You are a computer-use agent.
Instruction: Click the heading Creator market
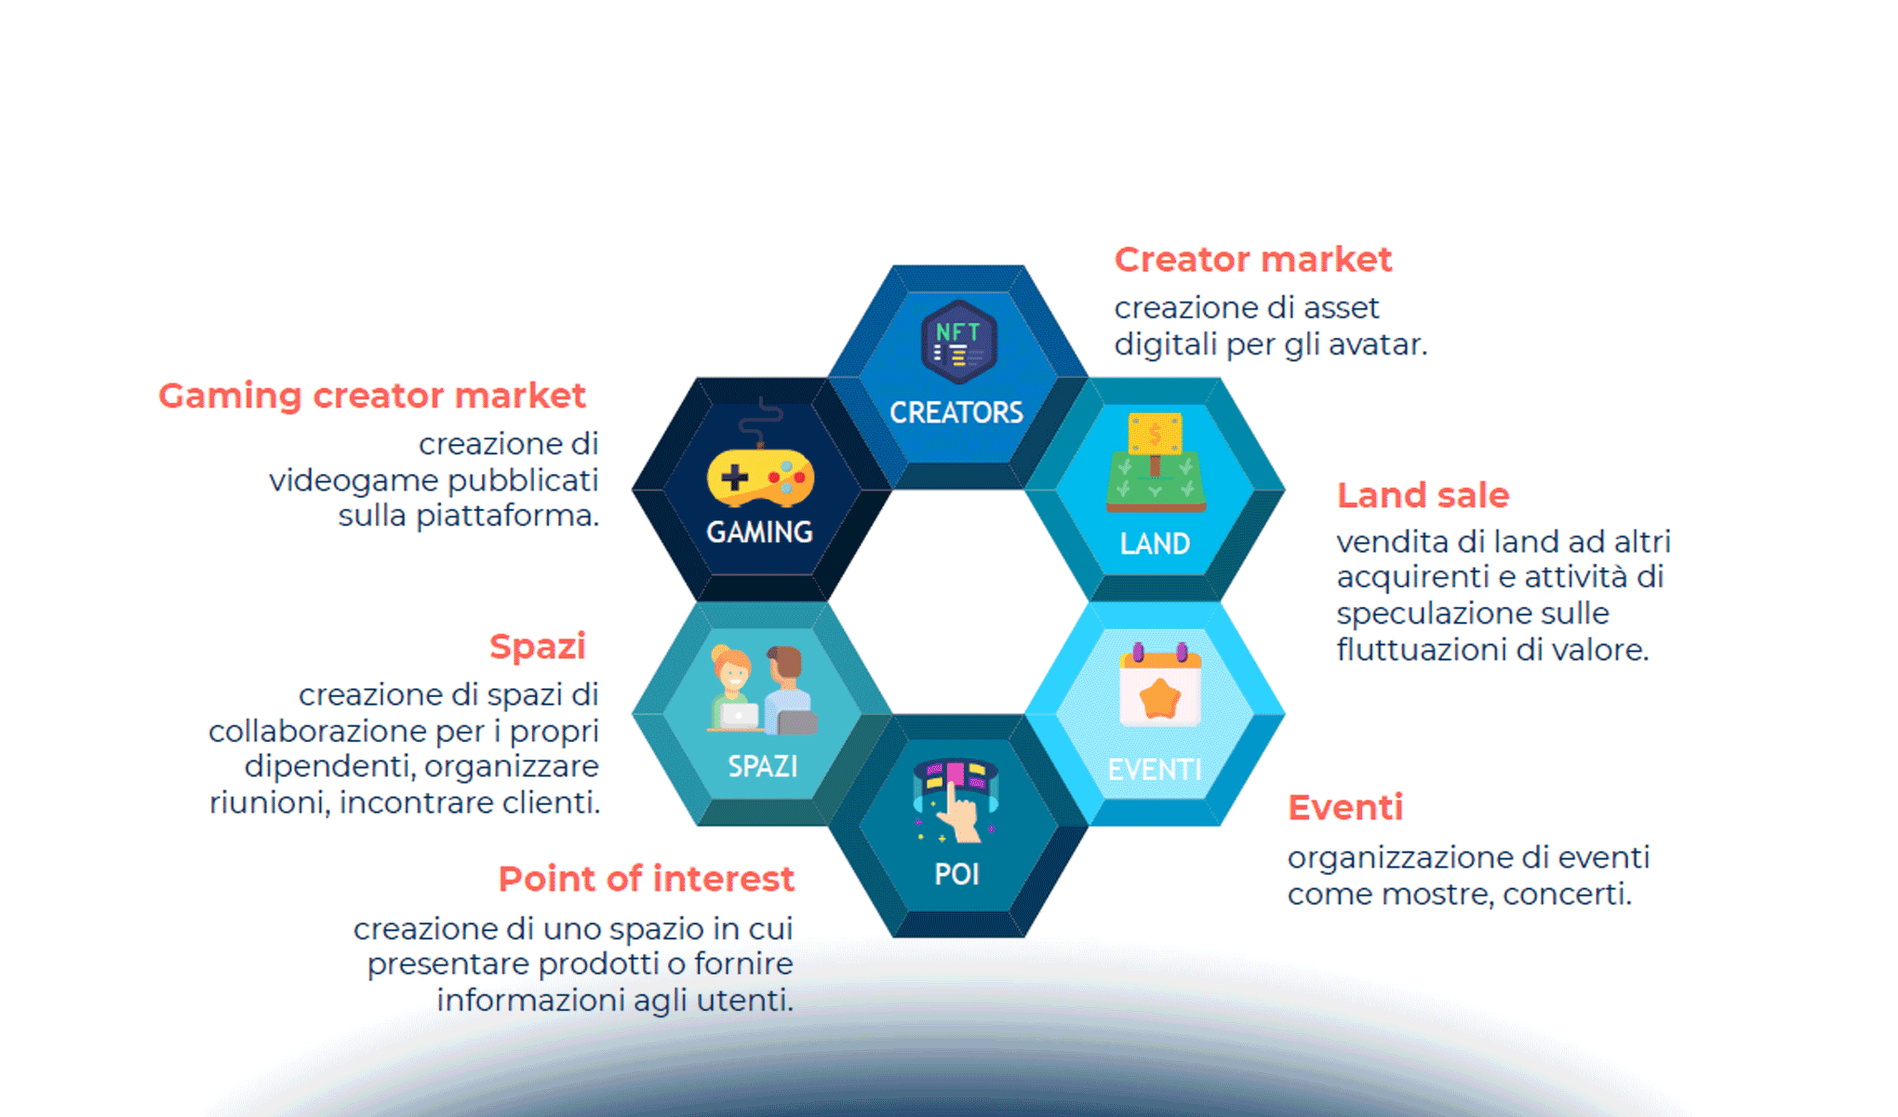[1252, 260]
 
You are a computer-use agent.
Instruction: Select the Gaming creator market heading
[372, 396]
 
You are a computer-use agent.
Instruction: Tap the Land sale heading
[1423, 495]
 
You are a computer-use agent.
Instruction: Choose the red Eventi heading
[1345, 807]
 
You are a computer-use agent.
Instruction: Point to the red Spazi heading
[538, 647]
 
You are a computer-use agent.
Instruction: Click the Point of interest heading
[646, 879]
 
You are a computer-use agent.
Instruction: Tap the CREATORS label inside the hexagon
[956, 412]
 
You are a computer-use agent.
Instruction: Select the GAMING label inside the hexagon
[759, 532]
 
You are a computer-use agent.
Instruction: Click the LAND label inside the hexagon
[1155, 544]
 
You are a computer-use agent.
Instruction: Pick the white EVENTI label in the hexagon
[1155, 770]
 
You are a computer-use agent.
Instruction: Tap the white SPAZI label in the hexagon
[762, 766]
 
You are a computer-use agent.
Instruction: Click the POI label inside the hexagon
[956, 874]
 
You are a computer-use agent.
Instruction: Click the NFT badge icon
[958, 342]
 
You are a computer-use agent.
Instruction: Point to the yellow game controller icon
[760, 478]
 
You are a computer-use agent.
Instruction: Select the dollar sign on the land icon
[1155, 434]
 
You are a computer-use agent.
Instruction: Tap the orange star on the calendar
[1159, 697]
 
